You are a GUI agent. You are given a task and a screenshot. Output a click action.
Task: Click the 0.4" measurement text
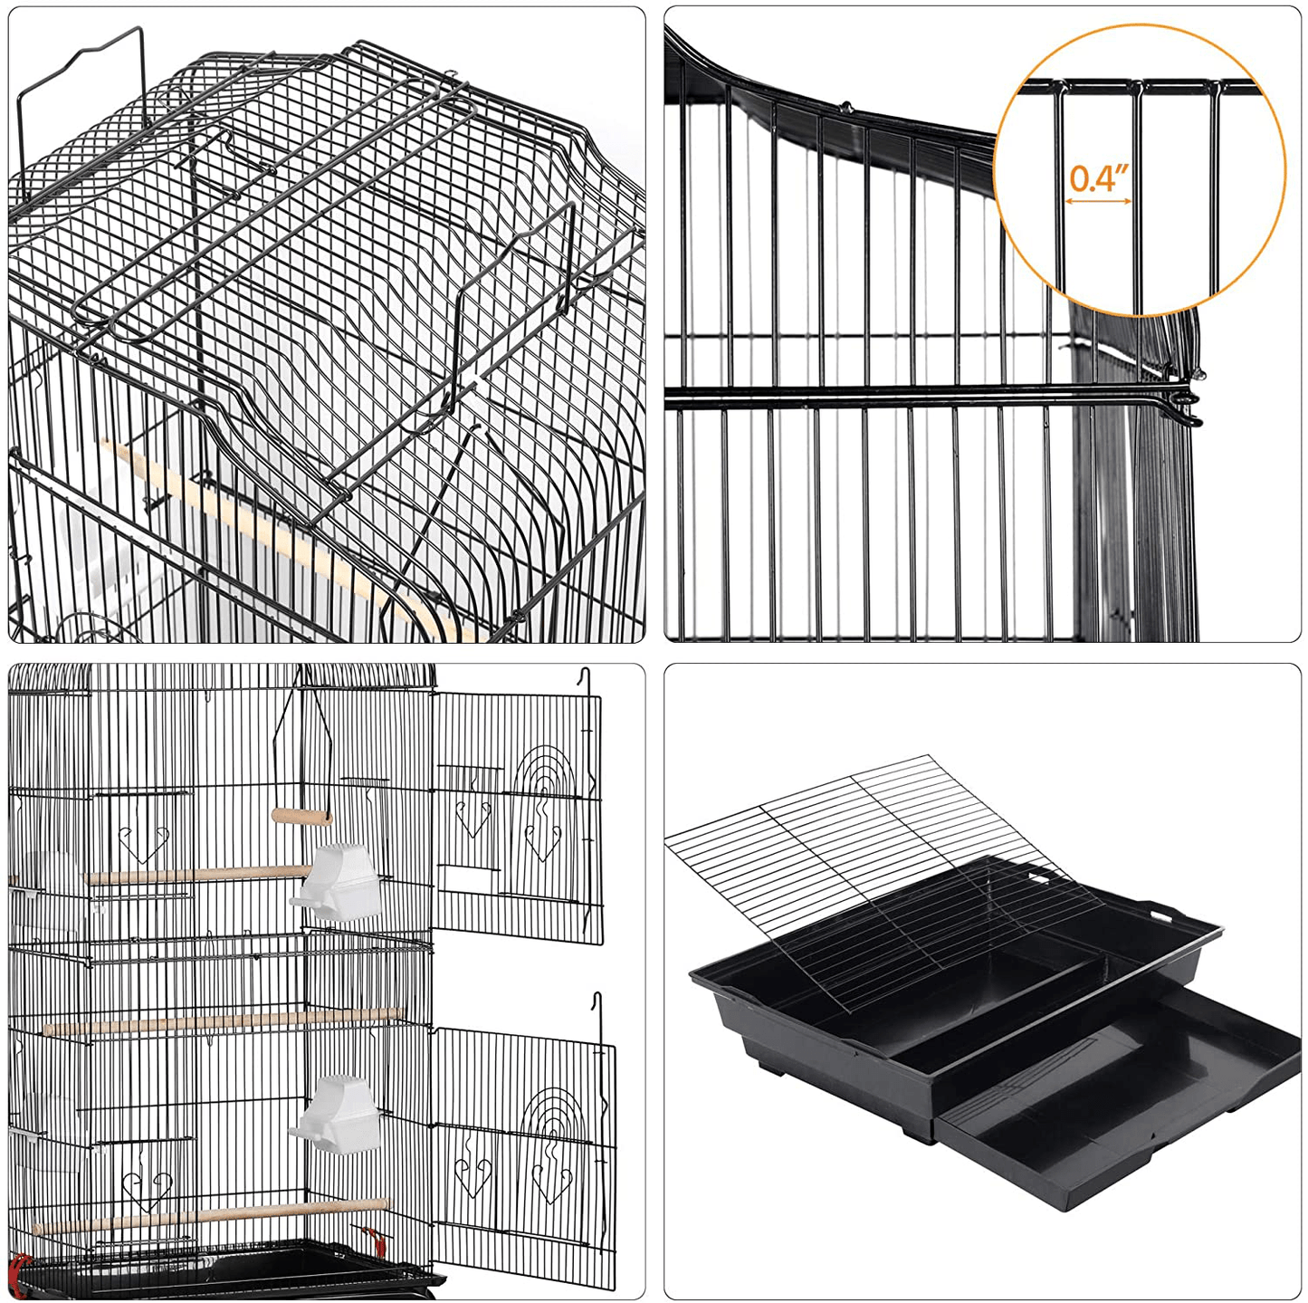point(1099,177)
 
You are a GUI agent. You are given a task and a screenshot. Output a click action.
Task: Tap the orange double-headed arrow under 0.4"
point(1098,201)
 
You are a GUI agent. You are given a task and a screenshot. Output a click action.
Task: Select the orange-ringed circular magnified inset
point(1140,170)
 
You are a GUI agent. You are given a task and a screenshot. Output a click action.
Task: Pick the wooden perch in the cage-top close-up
point(272,534)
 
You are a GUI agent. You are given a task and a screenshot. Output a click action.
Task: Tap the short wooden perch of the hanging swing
point(301,817)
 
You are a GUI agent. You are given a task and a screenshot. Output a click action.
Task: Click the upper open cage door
point(517,815)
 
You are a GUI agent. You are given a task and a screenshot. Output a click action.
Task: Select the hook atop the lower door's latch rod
point(597,1000)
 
